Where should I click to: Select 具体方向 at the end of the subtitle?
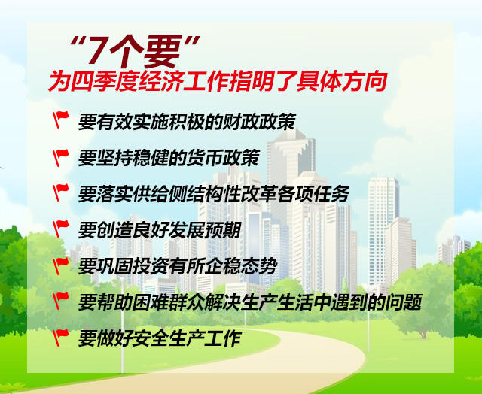point(341,82)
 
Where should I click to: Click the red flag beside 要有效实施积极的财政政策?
point(60,119)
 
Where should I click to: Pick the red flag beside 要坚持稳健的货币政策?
point(60,158)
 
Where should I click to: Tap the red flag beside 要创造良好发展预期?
point(60,229)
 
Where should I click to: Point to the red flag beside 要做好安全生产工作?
point(60,338)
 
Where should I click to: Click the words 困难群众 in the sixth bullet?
point(169,302)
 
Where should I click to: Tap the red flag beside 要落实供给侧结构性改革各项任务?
point(60,192)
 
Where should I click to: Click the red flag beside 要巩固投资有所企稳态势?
point(60,265)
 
